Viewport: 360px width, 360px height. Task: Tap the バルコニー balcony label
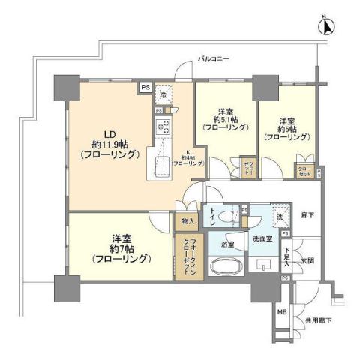(x=214, y=58)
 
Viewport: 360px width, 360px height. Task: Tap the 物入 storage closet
(x=188, y=221)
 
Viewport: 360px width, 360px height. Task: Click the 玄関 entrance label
(x=307, y=260)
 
